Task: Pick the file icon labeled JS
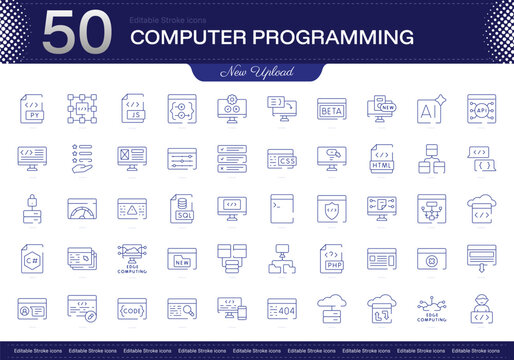pyautogui.click(x=131, y=108)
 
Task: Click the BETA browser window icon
pyautogui.click(x=331, y=109)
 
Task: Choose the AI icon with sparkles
pyautogui.click(x=431, y=108)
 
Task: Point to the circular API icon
pyautogui.click(x=481, y=108)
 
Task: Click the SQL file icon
pyautogui.click(x=181, y=207)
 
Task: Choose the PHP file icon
pyautogui.click(x=331, y=257)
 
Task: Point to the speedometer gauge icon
pyautogui.click(x=81, y=207)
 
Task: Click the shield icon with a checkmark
pyautogui.click(x=331, y=207)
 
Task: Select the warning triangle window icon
pyautogui.click(x=131, y=207)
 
